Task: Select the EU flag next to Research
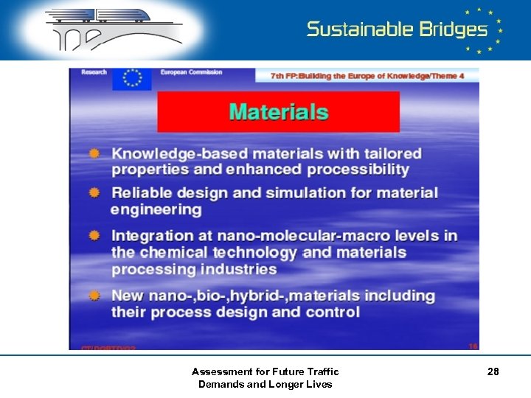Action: tap(133, 78)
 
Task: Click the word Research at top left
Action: tap(93, 72)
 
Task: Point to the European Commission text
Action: tap(192, 72)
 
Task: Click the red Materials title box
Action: tap(278, 112)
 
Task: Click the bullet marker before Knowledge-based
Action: tap(94, 153)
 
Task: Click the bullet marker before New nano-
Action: tap(94, 296)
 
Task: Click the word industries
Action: tap(235, 270)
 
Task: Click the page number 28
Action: tap(493, 372)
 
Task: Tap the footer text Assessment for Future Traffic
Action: tap(265, 372)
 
